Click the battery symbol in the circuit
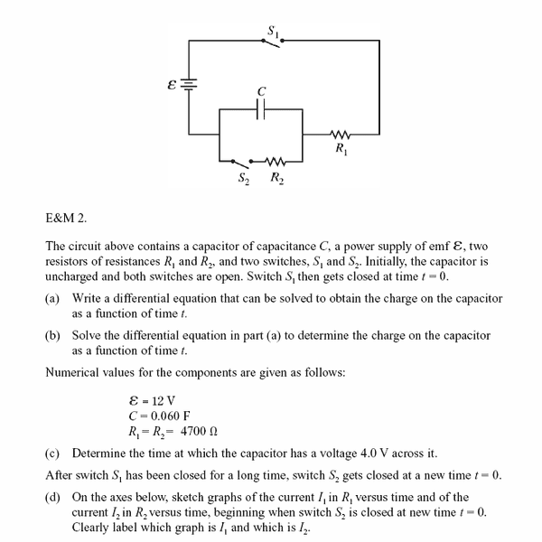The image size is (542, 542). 189,84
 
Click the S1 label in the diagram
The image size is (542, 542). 272,29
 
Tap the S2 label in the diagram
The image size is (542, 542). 243,177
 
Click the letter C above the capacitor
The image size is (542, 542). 261,90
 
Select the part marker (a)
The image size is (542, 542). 53,299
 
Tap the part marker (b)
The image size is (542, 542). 53,335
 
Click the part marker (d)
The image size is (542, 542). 53,497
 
